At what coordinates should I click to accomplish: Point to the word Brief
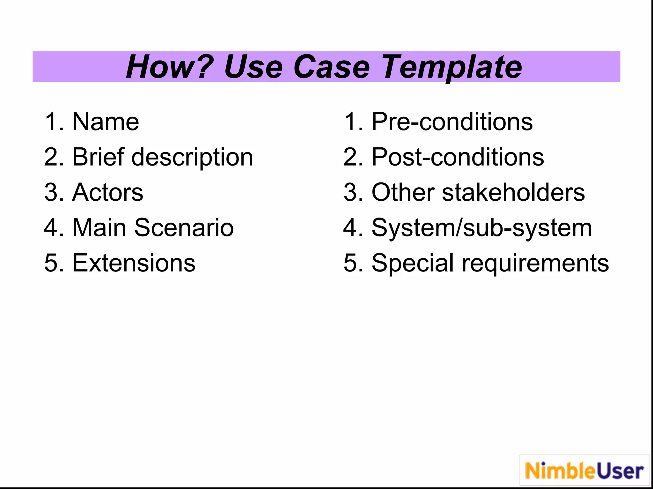click(x=98, y=157)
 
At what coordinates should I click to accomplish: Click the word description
click(x=192, y=158)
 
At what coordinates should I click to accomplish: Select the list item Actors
click(x=107, y=192)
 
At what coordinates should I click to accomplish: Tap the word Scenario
click(x=184, y=228)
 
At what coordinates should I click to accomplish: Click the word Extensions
click(x=134, y=263)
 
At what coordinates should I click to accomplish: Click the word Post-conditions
click(x=458, y=157)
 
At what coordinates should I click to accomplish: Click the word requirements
click(x=535, y=264)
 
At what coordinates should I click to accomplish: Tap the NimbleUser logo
click(x=584, y=471)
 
